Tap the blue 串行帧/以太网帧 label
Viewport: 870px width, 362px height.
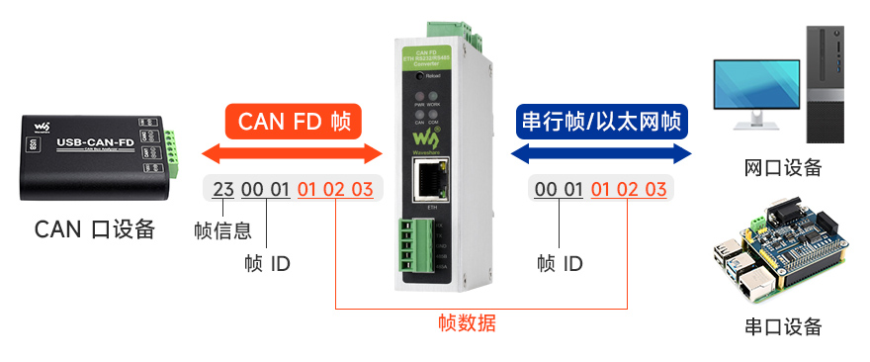tap(601, 123)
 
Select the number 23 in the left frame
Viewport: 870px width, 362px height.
tap(223, 189)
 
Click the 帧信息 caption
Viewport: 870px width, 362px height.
tap(222, 231)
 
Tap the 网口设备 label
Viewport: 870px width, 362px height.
tap(782, 167)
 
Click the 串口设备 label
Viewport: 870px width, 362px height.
tap(782, 326)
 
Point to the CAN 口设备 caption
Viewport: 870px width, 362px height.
tap(95, 229)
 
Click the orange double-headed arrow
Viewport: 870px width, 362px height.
tap(292, 153)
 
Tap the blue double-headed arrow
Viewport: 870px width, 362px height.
tap(601, 153)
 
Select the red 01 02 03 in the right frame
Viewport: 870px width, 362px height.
tap(628, 189)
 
